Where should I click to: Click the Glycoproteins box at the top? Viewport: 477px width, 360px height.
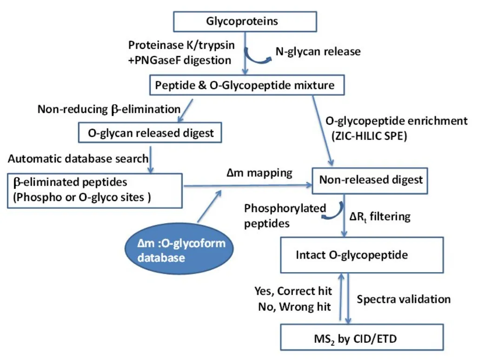click(x=245, y=21)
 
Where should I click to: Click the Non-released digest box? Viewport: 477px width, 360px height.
click(x=371, y=179)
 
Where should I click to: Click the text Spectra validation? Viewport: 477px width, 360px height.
click(x=404, y=299)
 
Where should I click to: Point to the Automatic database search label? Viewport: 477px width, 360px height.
click(x=78, y=158)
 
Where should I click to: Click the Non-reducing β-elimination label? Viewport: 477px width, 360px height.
click(x=109, y=109)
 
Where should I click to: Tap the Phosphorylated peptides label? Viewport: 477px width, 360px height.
click(x=285, y=215)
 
